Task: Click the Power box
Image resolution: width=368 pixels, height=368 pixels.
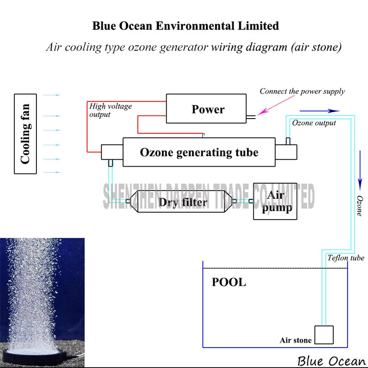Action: pyautogui.click(x=206, y=108)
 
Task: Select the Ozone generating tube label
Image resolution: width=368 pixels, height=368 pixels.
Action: pyautogui.click(x=199, y=152)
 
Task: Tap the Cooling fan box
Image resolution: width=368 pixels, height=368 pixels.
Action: pyautogui.click(x=26, y=134)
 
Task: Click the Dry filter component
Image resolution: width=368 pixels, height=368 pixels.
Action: pyautogui.click(x=181, y=201)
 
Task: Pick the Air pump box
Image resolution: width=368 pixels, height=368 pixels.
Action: pyautogui.click(x=275, y=201)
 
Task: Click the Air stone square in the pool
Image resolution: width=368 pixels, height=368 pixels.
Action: pyautogui.click(x=324, y=335)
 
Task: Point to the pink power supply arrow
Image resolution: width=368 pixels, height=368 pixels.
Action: pyautogui.click(x=275, y=105)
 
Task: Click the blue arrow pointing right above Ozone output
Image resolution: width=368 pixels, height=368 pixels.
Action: pyautogui.click(x=320, y=111)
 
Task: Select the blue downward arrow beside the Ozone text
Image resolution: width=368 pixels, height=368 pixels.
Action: pyautogui.click(x=360, y=171)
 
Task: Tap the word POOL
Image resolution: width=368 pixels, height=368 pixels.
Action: pyautogui.click(x=229, y=282)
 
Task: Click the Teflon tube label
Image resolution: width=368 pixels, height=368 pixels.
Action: pyautogui.click(x=346, y=258)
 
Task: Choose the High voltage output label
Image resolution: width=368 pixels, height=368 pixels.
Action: pyautogui.click(x=110, y=110)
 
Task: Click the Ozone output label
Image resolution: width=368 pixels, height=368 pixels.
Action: pyautogui.click(x=314, y=123)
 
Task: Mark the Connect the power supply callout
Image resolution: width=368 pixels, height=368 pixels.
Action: pyautogui.click(x=302, y=91)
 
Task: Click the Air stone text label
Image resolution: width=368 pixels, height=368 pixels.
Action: pyautogui.click(x=295, y=340)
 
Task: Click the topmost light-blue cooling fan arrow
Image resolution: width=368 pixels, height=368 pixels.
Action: pyautogui.click(x=52, y=95)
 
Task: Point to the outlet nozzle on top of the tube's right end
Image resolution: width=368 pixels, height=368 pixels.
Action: pyautogui.click(x=288, y=141)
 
